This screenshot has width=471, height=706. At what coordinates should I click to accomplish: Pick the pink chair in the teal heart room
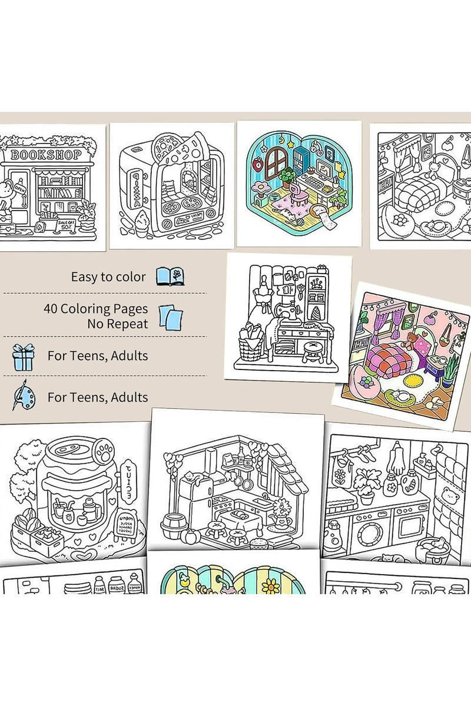tap(302, 194)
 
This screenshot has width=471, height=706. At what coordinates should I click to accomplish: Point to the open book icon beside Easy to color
tap(170, 276)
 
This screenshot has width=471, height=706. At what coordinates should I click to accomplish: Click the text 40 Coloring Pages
tap(95, 308)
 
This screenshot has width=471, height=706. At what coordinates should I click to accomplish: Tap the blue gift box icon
tap(24, 357)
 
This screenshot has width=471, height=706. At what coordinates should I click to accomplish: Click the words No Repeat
tap(118, 323)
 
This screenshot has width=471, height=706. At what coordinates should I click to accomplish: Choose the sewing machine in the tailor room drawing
tap(291, 318)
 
